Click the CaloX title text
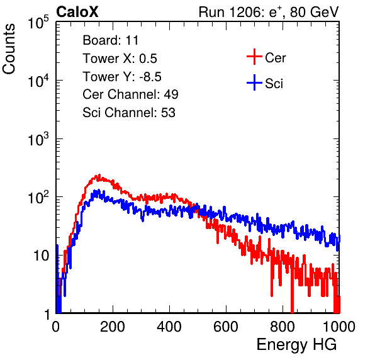(77, 12)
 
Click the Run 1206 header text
(269, 12)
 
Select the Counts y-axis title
(9, 49)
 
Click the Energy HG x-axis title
(296, 345)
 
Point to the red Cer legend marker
(254, 57)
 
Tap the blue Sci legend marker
(254, 83)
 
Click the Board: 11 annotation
(111, 40)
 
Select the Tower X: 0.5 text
(120, 59)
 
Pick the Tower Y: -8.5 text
(122, 77)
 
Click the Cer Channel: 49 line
(130, 94)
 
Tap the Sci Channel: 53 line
(129, 113)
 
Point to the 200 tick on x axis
(113, 327)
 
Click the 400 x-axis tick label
(169, 327)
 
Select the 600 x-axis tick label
(226, 327)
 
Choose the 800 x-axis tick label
(283, 327)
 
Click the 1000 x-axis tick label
(339, 327)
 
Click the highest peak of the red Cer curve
(99, 175)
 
